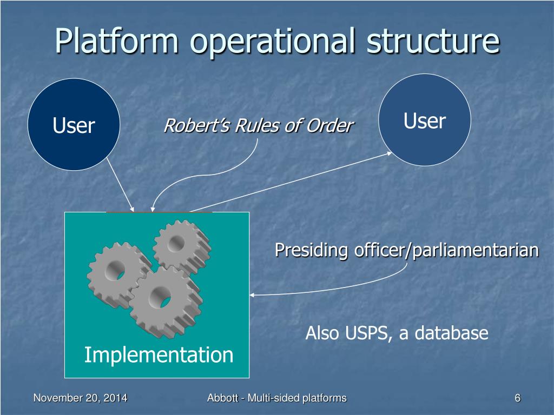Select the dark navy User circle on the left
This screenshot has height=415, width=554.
[x=74, y=125]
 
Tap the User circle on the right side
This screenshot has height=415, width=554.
[x=424, y=121]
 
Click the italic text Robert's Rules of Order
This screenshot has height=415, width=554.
[x=258, y=126]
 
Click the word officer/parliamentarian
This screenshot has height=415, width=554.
[x=446, y=250]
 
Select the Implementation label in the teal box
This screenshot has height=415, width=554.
[x=159, y=355]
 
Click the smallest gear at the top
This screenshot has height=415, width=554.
[x=181, y=246]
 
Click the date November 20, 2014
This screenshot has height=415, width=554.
[x=80, y=398]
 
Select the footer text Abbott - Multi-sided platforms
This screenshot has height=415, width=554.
[x=276, y=398]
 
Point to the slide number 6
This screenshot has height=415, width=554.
[x=517, y=398]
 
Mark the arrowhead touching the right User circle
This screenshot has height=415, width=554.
[x=388, y=153]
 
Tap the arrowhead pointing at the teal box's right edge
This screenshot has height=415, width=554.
[x=253, y=295]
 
